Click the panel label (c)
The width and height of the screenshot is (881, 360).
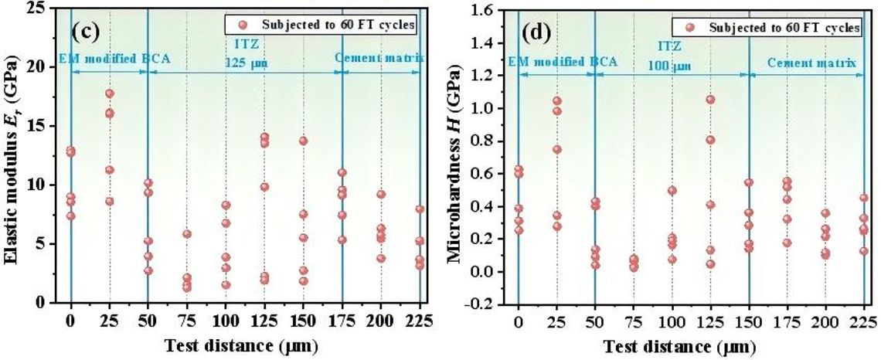coord(86,32)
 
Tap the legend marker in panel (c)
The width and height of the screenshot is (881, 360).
coord(243,25)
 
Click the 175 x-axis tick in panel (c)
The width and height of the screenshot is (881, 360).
coord(342,321)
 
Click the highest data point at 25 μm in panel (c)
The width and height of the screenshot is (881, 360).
coord(110,93)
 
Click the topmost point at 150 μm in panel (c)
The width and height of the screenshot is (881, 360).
coord(304,141)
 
